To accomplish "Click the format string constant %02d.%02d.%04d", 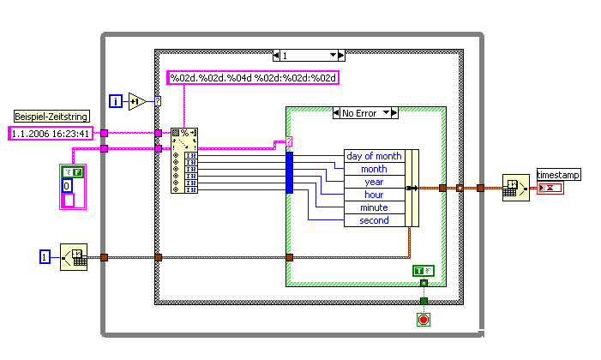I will click(x=253, y=78).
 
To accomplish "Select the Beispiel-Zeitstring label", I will click(x=50, y=116).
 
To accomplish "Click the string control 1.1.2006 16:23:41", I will click(x=51, y=133).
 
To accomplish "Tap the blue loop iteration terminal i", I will click(x=116, y=102).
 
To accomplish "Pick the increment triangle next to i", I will click(x=137, y=102).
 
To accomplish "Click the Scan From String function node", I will click(x=184, y=160).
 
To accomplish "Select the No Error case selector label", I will click(x=359, y=112).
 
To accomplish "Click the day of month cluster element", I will click(x=374, y=156).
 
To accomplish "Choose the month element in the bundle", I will click(x=374, y=169).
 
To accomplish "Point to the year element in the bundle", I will click(x=374, y=182).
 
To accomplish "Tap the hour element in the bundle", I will click(x=374, y=195).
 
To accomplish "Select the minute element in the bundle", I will click(x=374, y=207).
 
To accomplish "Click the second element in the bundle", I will click(x=374, y=220).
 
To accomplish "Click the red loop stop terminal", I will click(x=423, y=320).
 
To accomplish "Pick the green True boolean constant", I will click(x=423, y=271).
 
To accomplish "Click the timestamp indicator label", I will click(x=558, y=175).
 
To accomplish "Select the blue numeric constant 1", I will click(x=46, y=256).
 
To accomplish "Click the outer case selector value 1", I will click(x=308, y=55).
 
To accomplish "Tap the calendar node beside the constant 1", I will click(x=74, y=256).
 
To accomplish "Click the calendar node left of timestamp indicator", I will click(x=516, y=188).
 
